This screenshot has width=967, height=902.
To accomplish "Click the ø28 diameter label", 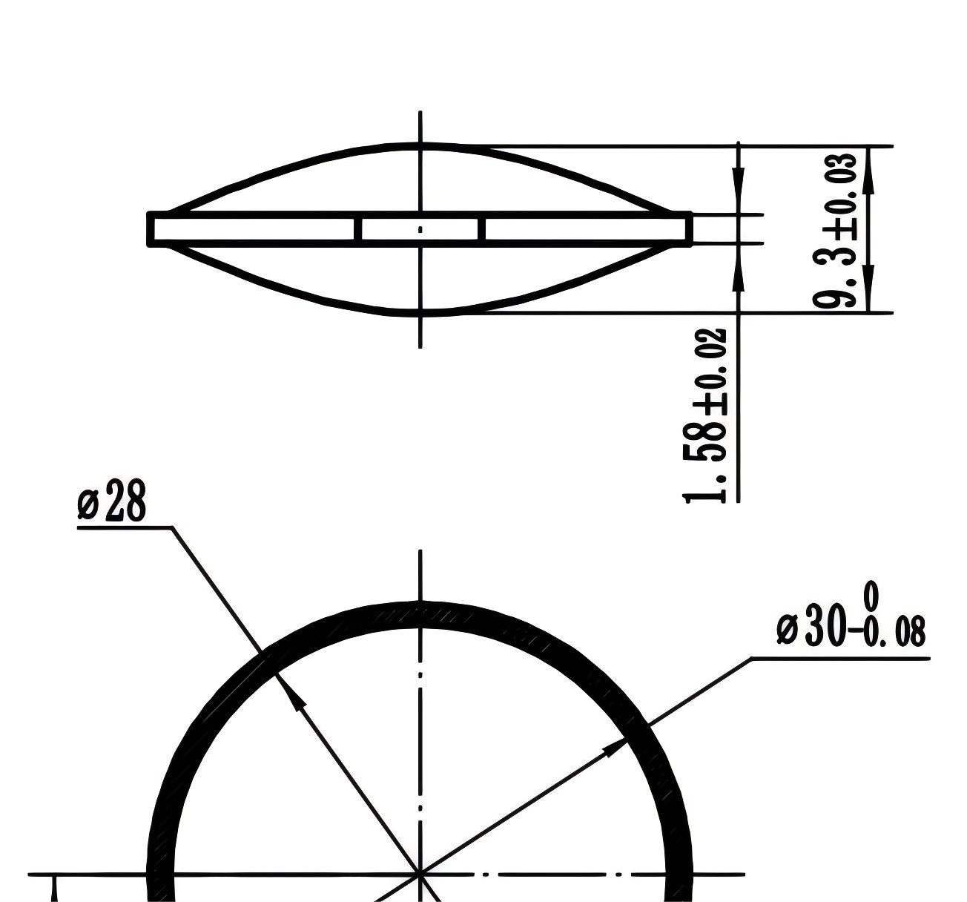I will tap(112, 503).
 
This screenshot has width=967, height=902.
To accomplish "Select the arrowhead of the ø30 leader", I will tap(614, 747).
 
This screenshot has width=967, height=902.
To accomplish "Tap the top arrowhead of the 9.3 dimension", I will tap(869, 171).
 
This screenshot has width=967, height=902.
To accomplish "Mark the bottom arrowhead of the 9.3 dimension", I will tap(869, 289).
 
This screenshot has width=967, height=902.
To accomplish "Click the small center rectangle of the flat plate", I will tap(420, 229).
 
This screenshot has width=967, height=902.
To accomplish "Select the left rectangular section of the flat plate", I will tap(254, 229).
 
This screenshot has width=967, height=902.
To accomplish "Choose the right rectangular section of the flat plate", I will tap(586, 229).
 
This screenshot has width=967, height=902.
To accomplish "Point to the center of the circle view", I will tap(420, 875).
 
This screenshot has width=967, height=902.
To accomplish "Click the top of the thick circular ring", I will tap(420, 615).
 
